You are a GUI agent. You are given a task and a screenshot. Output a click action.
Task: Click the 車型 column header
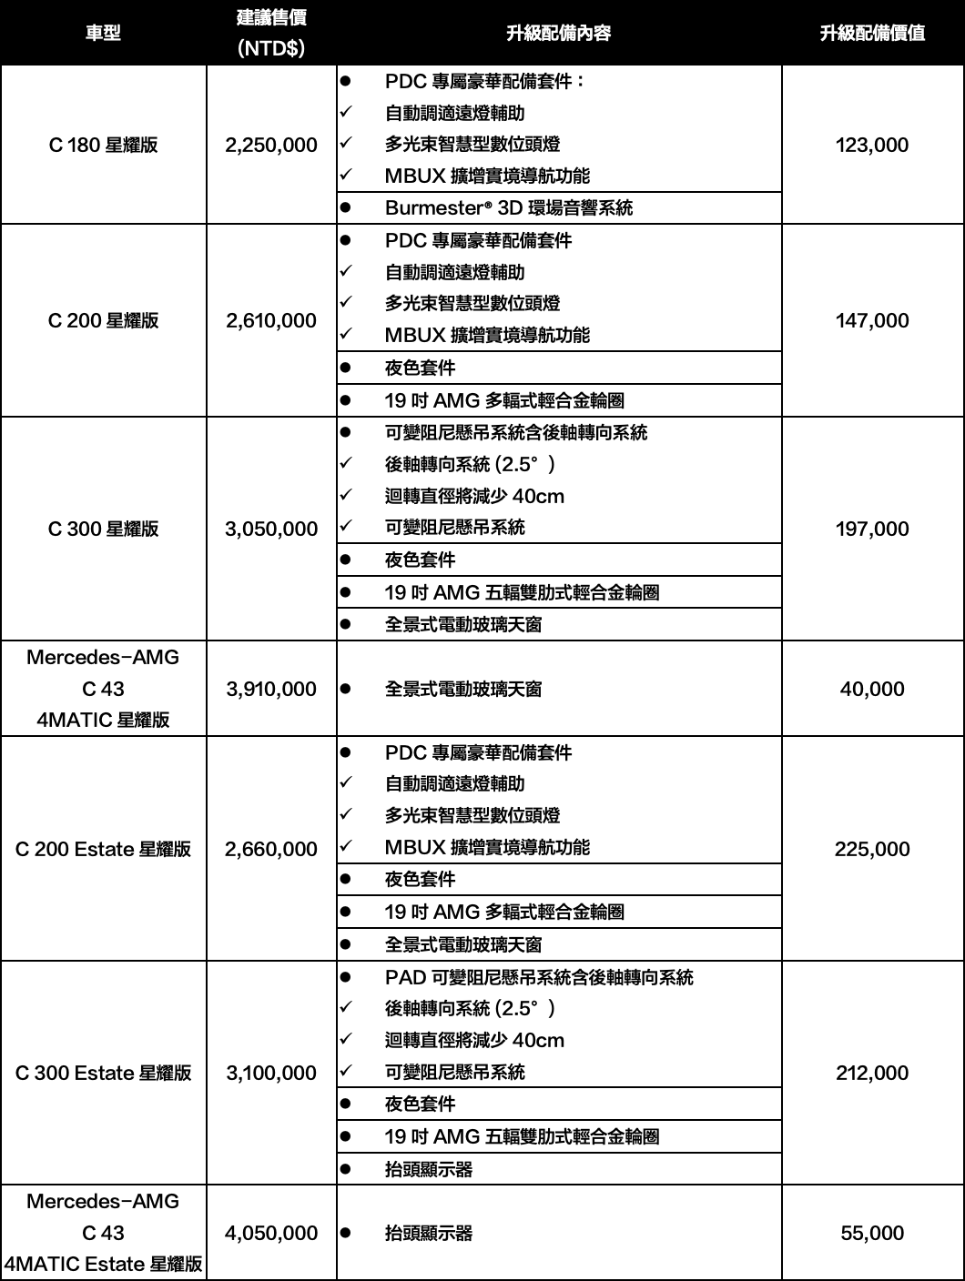(x=103, y=33)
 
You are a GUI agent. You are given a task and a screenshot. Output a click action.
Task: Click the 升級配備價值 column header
(x=872, y=33)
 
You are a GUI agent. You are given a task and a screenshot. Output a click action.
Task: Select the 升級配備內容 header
(x=558, y=33)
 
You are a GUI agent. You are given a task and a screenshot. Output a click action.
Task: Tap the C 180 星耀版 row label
(x=103, y=145)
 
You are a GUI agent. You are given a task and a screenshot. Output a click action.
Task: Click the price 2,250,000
(x=271, y=145)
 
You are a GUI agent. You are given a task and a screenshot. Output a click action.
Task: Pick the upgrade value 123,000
(x=872, y=145)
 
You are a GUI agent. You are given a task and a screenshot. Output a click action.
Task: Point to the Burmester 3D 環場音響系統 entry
(x=508, y=207)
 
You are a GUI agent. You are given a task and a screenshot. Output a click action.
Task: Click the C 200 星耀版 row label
(x=103, y=320)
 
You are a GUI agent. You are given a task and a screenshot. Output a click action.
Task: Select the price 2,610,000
(x=271, y=320)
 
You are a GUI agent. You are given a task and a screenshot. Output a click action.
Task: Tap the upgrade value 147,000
(x=872, y=320)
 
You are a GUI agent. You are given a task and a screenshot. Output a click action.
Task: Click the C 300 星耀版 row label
(x=103, y=529)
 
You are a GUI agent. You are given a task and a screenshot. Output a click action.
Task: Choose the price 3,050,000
(x=271, y=529)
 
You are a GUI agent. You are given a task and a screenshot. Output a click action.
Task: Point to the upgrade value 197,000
(x=872, y=529)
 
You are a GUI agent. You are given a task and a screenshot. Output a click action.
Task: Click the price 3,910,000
(x=271, y=689)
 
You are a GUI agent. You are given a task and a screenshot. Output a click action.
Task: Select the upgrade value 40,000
(x=872, y=689)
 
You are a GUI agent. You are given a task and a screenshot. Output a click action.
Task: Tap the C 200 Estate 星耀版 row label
(x=103, y=849)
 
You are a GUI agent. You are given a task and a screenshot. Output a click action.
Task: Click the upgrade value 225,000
(x=872, y=849)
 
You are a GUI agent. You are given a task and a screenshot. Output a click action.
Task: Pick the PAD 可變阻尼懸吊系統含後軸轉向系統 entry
(x=538, y=977)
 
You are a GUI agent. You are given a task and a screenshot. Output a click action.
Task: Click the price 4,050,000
(x=271, y=1233)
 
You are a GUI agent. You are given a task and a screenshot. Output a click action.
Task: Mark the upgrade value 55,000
(x=872, y=1233)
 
